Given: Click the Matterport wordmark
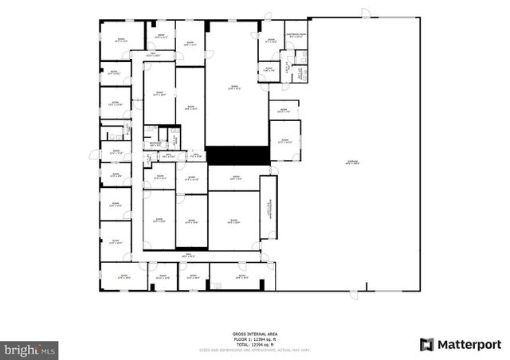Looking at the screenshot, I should [x=471, y=344].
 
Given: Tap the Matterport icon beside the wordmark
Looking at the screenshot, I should [x=427, y=344].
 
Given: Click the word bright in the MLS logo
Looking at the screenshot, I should [x=19, y=348].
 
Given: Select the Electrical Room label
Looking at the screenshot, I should [x=296, y=35].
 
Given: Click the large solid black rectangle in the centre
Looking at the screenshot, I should [x=233, y=155].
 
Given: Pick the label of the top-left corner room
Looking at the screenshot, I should [x=122, y=39].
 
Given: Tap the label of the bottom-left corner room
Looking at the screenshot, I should [x=124, y=278].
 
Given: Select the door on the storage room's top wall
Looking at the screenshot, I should [x=366, y=14].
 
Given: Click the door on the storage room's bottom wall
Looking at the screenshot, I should [x=354, y=295].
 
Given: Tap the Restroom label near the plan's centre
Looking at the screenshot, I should [x=156, y=144].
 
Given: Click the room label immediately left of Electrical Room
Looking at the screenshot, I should [x=271, y=40].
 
